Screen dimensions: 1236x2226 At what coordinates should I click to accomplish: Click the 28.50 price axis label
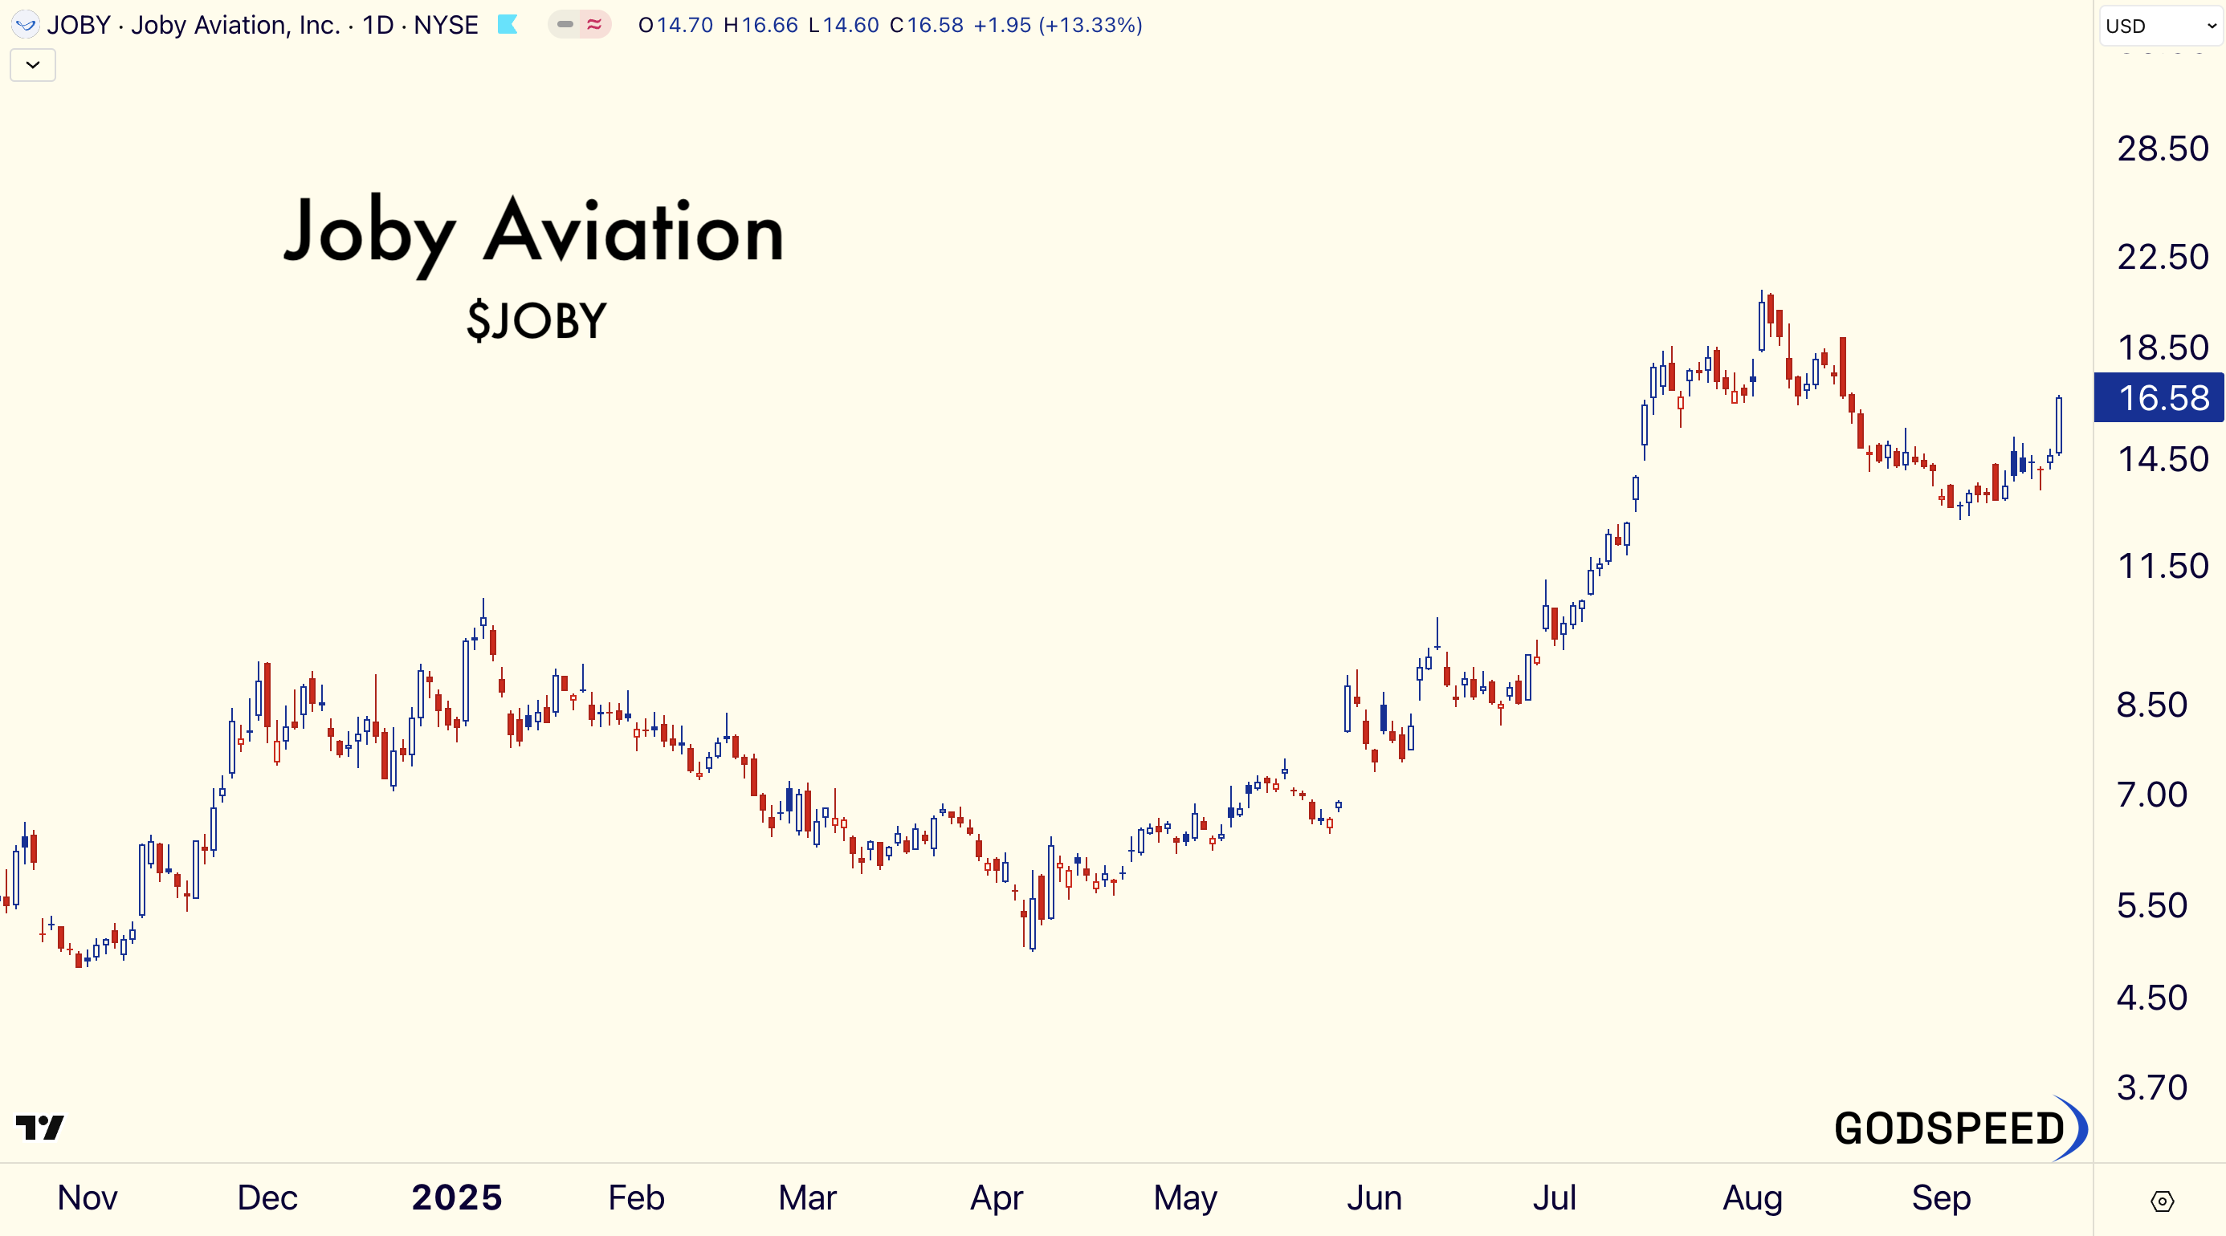click(x=2162, y=148)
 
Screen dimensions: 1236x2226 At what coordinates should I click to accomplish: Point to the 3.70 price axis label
click(x=2151, y=1088)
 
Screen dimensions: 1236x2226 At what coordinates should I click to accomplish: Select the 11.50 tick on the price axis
click(x=2162, y=567)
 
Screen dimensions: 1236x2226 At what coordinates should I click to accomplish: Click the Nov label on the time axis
click(x=88, y=1198)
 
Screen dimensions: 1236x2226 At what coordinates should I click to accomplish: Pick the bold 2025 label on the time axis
click(x=456, y=1198)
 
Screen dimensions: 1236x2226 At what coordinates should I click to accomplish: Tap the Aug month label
click(x=1751, y=1198)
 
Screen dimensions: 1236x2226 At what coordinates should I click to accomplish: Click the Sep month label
click(x=1941, y=1198)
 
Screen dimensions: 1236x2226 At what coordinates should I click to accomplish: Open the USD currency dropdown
click(x=2160, y=26)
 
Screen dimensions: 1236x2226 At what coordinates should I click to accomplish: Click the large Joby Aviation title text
click(x=534, y=231)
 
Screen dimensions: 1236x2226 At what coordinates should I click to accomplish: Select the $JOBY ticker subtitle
click(x=536, y=321)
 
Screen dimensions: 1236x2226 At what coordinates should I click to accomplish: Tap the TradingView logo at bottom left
click(x=40, y=1127)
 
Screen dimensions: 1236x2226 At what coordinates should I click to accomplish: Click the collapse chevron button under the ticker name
click(x=33, y=65)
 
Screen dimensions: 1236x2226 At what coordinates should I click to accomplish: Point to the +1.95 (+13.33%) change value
click(x=1058, y=25)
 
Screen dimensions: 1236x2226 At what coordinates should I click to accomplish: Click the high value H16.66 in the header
click(x=760, y=25)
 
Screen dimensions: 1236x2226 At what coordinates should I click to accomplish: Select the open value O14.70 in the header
click(x=675, y=25)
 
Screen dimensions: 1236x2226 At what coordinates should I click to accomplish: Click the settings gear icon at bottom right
click(x=2162, y=1201)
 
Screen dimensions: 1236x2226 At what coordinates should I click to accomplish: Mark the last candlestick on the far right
click(x=2059, y=425)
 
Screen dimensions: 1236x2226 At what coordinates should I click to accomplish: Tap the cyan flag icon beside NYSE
click(x=508, y=25)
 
